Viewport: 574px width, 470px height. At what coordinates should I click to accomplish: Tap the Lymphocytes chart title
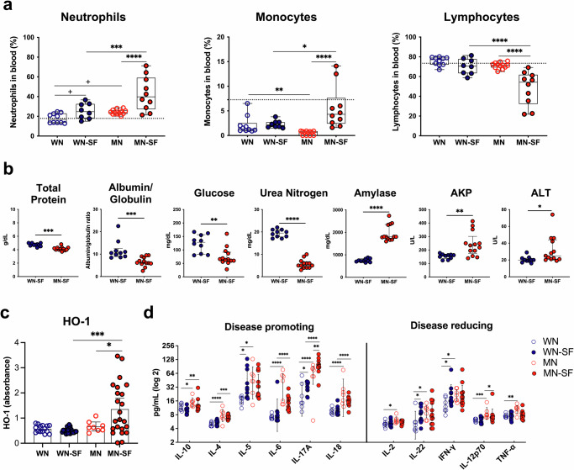coord(466,17)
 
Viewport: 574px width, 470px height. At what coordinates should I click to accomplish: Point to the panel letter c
coord(7,314)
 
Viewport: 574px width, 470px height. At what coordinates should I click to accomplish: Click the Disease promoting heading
coord(264,328)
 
